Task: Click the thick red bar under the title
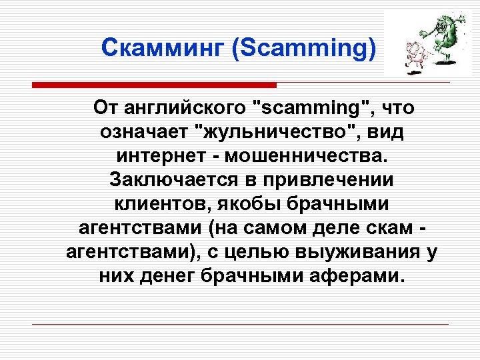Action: (154, 85)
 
